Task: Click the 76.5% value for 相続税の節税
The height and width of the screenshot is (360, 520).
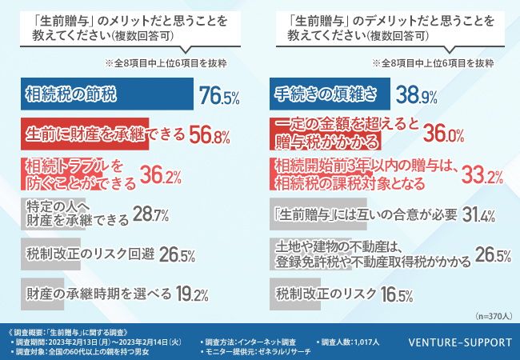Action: pos(220,98)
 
